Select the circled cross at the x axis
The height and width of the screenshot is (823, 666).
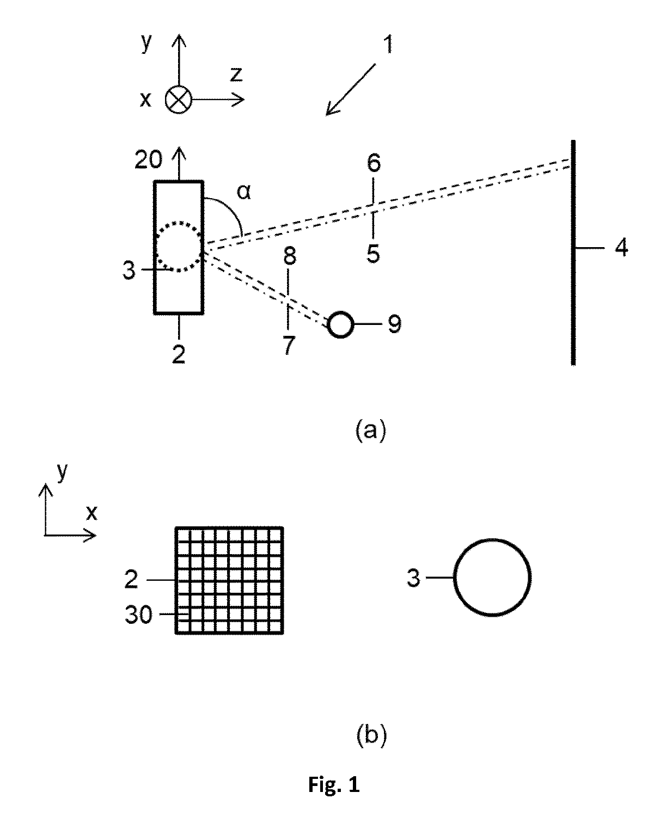(178, 100)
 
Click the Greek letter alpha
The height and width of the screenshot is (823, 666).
(243, 192)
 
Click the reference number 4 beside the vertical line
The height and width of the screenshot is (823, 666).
(621, 247)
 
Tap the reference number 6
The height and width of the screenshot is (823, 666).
(374, 163)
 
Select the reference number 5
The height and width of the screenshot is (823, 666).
(373, 254)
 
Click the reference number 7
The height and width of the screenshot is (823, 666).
(289, 345)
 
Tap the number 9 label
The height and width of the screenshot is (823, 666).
(394, 324)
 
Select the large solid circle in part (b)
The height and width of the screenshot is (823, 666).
(492, 539)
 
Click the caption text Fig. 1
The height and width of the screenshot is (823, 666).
(334, 785)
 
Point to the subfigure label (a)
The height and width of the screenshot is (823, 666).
(371, 431)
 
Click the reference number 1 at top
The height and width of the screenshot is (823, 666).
(388, 44)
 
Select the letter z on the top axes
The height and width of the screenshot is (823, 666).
(236, 74)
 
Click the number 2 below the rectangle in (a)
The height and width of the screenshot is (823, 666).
(179, 354)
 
